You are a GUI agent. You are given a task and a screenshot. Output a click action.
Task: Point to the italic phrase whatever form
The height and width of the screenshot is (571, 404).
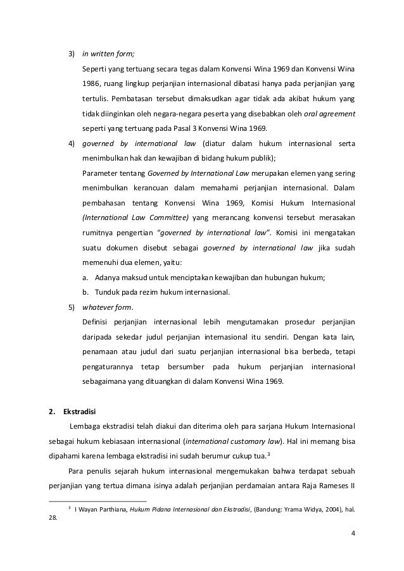(107, 308)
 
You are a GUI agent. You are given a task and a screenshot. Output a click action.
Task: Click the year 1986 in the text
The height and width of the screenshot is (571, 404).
(92, 84)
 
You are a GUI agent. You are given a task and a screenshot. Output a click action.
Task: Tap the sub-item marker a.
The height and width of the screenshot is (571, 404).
(85, 278)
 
